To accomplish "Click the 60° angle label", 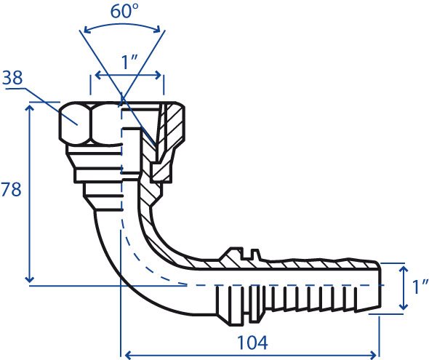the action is [x=124, y=11].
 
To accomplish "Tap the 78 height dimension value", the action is [x=11, y=189].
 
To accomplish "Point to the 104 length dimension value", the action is [x=252, y=343].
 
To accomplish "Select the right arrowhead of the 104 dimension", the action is [x=375, y=356].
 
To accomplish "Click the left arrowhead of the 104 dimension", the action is [x=129, y=356].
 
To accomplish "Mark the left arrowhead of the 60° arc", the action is [x=87, y=30].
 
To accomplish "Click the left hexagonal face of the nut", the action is [x=74, y=123].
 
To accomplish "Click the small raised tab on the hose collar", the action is [x=255, y=253].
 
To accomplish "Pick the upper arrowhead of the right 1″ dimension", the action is [x=403, y=271].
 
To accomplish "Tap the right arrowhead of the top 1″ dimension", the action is [x=158, y=75].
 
